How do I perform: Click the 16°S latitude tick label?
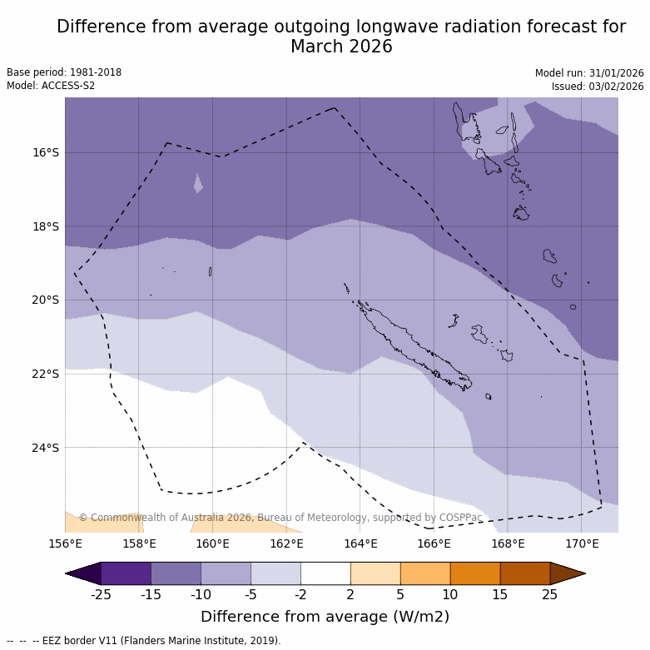pyautogui.click(x=46, y=152)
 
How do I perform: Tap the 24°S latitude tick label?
pyautogui.click(x=46, y=448)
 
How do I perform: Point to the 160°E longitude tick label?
pyautogui.click(x=212, y=544)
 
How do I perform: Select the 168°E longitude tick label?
pyautogui.click(x=508, y=544)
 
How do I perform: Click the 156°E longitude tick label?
pyautogui.click(x=65, y=544)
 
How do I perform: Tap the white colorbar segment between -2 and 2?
pyautogui.click(x=325, y=573)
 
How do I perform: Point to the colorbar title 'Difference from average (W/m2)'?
pyautogui.click(x=325, y=617)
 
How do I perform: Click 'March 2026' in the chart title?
pyautogui.click(x=341, y=47)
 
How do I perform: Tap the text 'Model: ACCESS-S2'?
pyautogui.click(x=51, y=86)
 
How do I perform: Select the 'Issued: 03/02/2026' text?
pyautogui.click(x=598, y=86)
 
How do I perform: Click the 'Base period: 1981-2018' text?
pyautogui.click(x=64, y=72)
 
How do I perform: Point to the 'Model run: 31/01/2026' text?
pyautogui.click(x=589, y=72)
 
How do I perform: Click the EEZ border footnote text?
pyautogui.click(x=144, y=641)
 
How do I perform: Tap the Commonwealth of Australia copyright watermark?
pyautogui.click(x=280, y=518)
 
